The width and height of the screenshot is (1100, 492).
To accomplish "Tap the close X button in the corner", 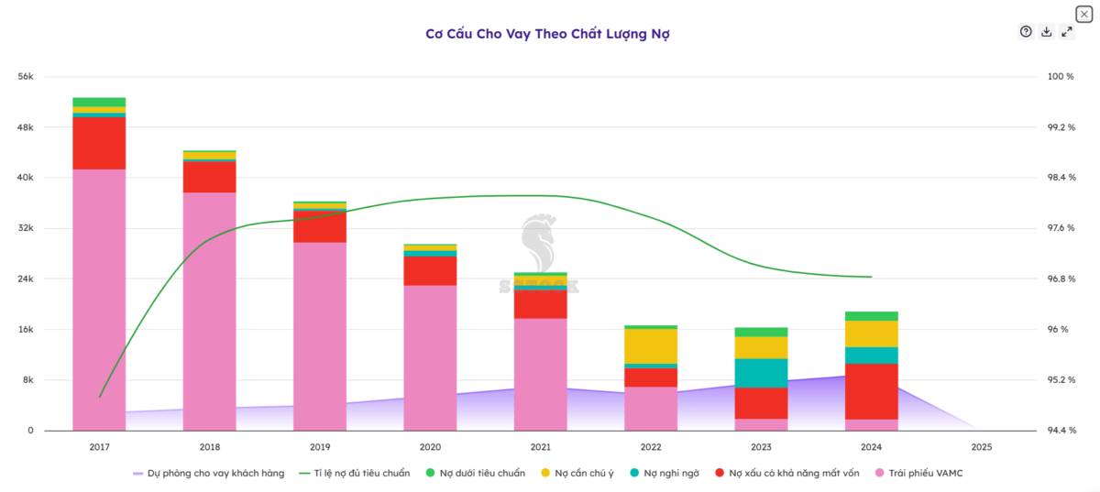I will (1083, 14).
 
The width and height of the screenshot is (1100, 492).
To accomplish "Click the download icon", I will (1046, 32).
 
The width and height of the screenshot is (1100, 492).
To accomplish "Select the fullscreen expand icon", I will (1066, 32).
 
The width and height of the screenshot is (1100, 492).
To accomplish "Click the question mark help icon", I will (1026, 32).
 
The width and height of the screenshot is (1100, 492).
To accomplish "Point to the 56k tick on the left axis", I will (26, 76).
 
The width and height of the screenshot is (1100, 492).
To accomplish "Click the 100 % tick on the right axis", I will (1060, 76).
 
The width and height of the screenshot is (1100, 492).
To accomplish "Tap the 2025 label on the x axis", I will (981, 447).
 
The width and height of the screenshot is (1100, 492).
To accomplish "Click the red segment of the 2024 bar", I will (871, 391).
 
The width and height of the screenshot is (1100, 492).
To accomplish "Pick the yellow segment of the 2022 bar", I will (650, 345).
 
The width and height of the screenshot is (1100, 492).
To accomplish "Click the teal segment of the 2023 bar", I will (761, 373).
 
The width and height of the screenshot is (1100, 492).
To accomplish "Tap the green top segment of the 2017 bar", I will (99, 102).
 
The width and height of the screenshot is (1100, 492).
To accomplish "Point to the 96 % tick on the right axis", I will (1058, 330).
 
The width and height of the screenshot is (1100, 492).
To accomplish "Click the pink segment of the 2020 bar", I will (430, 357).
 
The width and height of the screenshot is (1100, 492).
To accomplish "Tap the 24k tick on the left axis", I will (26, 279).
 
